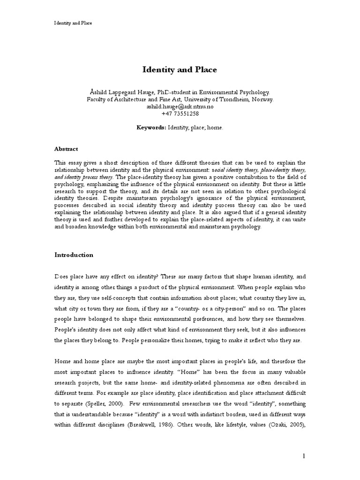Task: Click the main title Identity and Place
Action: pos(180,70)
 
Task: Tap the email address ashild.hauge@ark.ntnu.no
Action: pos(180,107)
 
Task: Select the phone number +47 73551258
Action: pos(180,114)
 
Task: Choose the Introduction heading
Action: pos(74,255)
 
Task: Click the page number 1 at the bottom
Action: pos(304,456)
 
